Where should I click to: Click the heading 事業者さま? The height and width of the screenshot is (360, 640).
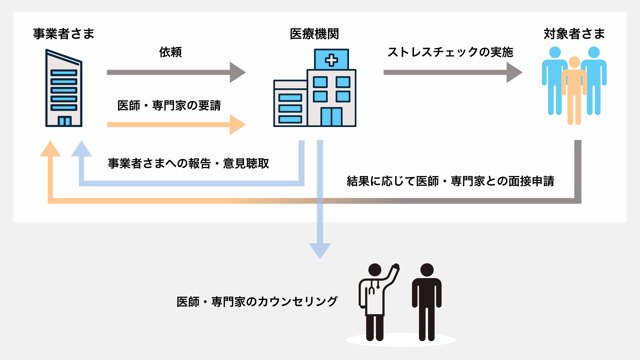click(64, 34)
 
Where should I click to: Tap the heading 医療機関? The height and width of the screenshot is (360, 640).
click(314, 34)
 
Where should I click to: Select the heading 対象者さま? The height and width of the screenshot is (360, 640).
click(574, 34)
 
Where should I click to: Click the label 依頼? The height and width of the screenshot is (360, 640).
click(170, 52)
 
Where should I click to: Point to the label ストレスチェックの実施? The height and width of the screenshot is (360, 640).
click(450, 52)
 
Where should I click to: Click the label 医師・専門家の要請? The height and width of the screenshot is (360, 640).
click(169, 106)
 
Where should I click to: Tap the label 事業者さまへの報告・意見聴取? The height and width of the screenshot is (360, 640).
click(188, 164)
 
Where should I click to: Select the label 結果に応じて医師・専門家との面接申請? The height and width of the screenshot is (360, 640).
click(450, 181)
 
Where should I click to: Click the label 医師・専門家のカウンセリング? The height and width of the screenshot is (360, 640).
click(257, 302)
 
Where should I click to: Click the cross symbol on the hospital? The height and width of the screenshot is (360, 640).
click(331, 60)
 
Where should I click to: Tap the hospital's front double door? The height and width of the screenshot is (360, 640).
click(331, 117)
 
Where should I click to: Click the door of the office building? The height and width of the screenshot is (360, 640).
click(64, 121)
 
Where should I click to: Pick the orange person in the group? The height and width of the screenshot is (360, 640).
click(574, 90)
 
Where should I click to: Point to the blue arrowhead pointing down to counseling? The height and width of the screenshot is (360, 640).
click(320, 250)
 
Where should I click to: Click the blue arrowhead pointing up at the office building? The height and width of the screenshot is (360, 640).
click(81, 149)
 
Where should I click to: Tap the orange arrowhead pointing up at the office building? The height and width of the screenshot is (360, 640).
click(50, 149)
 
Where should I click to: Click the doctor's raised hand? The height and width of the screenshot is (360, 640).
click(396, 267)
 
